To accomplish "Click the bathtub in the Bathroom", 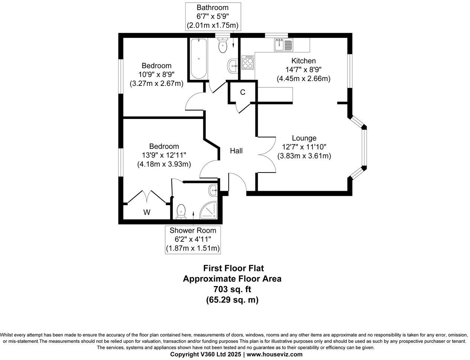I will tap(199, 58).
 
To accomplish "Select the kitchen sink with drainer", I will tap(284, 45).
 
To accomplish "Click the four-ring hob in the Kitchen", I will tap(248, 62).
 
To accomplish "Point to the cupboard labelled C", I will tap(242, 92).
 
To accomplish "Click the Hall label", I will tap(236, 151).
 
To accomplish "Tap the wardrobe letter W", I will tap(147, 213).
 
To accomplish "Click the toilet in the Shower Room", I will tap(181, 211).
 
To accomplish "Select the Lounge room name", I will tap(304, 138).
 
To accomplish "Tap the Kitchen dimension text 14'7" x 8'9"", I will tap(303, 70).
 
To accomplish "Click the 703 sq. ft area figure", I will tap(232, 289).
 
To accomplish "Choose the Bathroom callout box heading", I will tap(213, 7).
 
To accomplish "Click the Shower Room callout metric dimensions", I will tap(193, 248).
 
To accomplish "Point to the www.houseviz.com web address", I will tap(274, 354).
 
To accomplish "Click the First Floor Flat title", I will tap(234, 268).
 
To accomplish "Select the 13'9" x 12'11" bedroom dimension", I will tap(164, 155).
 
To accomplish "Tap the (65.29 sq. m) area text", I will tap(232, 300).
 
